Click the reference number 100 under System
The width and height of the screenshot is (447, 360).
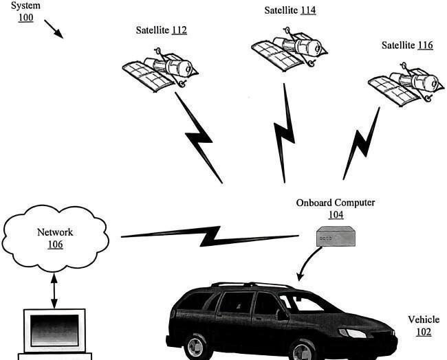pos(26,18)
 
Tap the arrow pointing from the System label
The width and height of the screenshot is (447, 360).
pos(54,29)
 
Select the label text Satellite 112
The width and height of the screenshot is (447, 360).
pos(162,30)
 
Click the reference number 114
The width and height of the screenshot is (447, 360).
pos(308,10)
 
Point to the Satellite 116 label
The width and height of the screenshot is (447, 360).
pos(407,45)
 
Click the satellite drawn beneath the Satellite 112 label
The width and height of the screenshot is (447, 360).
pos(160,70)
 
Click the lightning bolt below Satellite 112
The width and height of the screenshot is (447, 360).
pos(199,137)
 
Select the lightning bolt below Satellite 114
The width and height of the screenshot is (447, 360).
pos(284,133)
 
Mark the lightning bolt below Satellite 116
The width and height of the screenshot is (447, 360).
pos(362,144)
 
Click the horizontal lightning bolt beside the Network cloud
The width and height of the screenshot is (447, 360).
pos(210,236)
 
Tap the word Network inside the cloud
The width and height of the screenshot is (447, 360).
pos(55,232)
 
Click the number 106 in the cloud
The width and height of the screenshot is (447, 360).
pos(55,245)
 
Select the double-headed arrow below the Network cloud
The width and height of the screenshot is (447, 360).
pos(54,291)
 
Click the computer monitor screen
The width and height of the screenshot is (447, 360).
pos(54,330)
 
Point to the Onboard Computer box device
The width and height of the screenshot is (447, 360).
pos(336,236)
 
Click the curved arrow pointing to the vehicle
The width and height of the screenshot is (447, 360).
pos(309,263)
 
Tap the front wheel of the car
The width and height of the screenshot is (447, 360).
pos(303,351)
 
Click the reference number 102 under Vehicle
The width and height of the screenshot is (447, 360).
pos(424,332)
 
